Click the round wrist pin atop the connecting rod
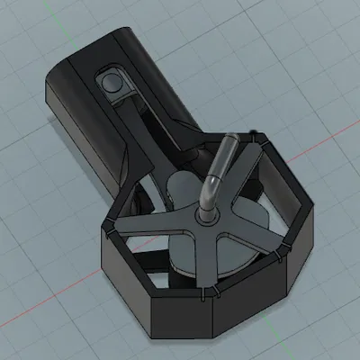[x=112, y=83]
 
